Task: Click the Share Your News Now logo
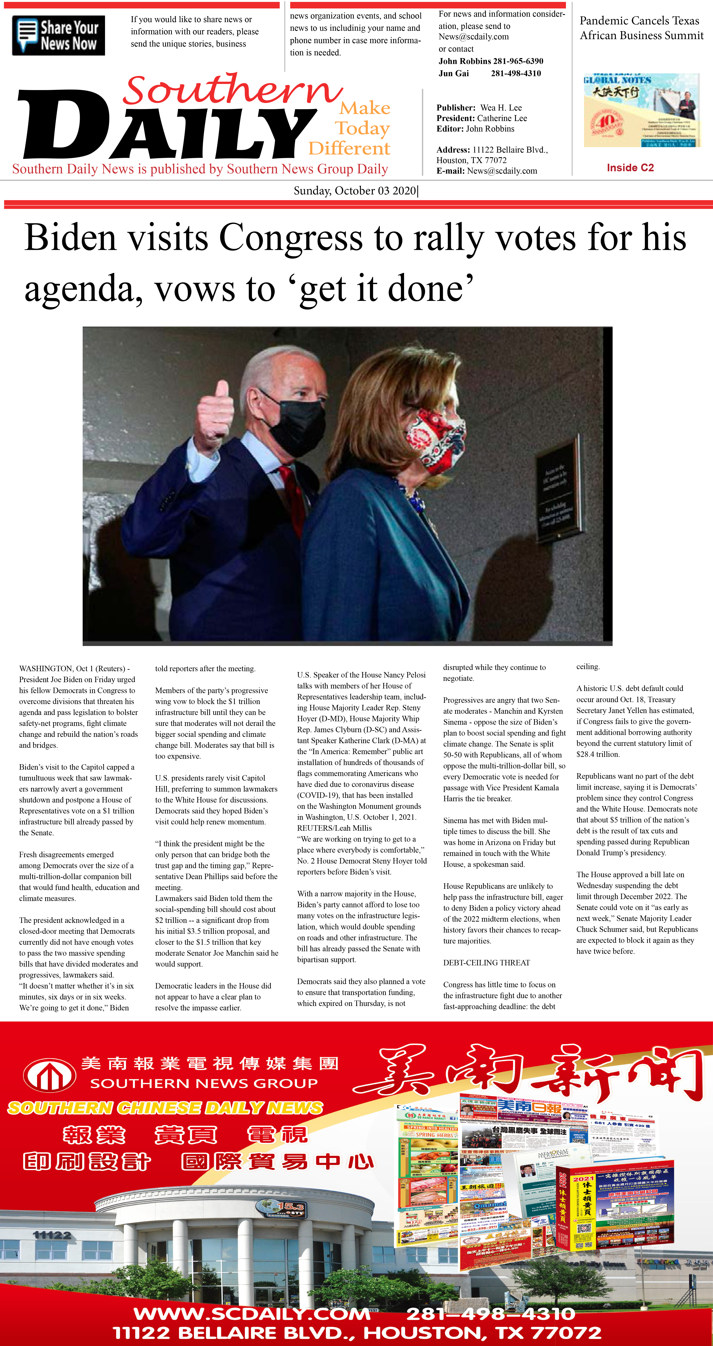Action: click(58, 36)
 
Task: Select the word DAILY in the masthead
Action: click(167, 125)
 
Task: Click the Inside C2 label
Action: click(630, 168)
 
